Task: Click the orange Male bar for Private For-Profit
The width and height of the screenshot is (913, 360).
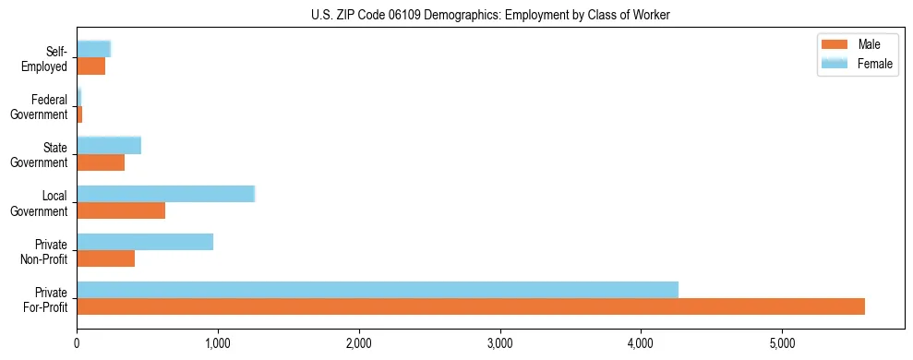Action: tap(471, 306)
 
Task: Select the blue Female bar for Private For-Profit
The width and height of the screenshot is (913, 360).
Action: tap(378, 290)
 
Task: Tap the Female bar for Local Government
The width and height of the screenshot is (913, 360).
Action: tap(165, 194)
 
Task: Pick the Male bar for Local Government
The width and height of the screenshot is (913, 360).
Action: tap(121, 210)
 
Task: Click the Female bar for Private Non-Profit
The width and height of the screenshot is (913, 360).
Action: tap(145, 242)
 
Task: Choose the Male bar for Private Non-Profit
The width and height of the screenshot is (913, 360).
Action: tap(106, 258)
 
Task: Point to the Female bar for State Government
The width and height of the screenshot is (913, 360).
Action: tap(109, 145)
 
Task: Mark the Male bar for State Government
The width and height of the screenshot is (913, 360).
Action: tap(101, 162)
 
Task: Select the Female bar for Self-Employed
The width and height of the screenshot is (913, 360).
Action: tap(93, 49)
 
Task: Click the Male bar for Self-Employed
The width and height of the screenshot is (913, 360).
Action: tap(90, 66)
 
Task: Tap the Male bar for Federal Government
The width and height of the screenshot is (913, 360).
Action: tap(79, 114)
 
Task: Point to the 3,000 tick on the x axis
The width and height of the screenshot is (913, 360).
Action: tap(499, 343)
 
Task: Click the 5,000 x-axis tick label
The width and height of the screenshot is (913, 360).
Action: tap(781, 343)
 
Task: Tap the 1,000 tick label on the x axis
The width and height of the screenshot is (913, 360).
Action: tap(218, 343)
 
